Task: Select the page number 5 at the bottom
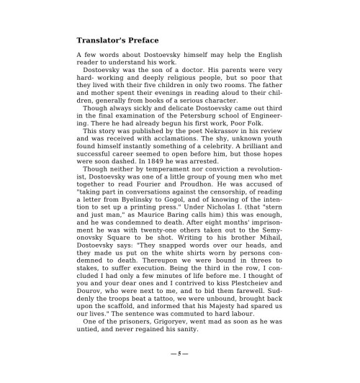click(x=179, y=355)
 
